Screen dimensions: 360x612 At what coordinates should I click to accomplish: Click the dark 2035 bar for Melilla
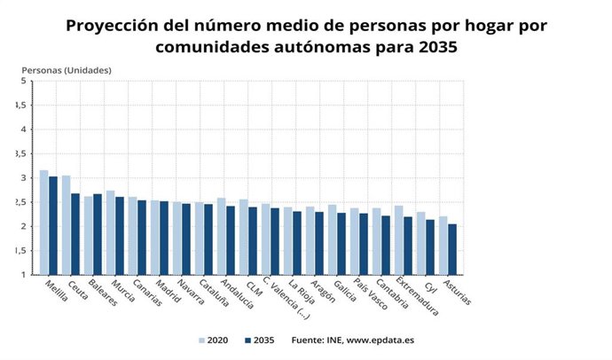click(53, 226)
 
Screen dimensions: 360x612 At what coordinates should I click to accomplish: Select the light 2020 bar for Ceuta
click(67, 225)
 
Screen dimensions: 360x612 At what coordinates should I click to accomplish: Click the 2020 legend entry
click(216, 340)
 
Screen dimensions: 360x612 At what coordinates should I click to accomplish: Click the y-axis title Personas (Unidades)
click(67, 69)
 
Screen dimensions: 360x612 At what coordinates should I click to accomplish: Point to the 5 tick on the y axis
click(24, 82)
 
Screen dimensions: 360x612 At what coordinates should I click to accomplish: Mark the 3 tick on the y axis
click(24, 178)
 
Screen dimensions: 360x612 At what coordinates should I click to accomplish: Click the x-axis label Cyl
click(432, 285)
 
